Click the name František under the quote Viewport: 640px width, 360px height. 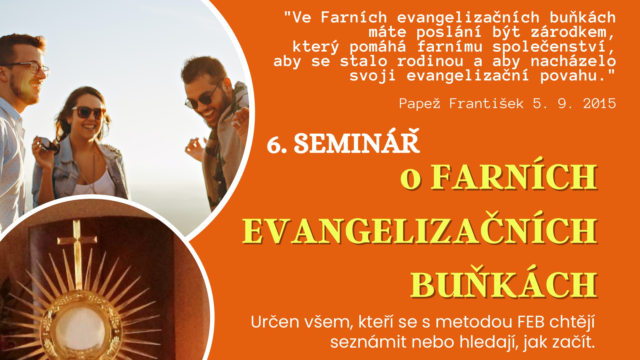click(x=486, y=104)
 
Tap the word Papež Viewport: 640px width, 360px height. click(x=419, y=104)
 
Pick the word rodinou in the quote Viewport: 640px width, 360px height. click(x=430, y=61)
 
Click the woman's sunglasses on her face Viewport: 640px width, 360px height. click(x=88, y=112)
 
